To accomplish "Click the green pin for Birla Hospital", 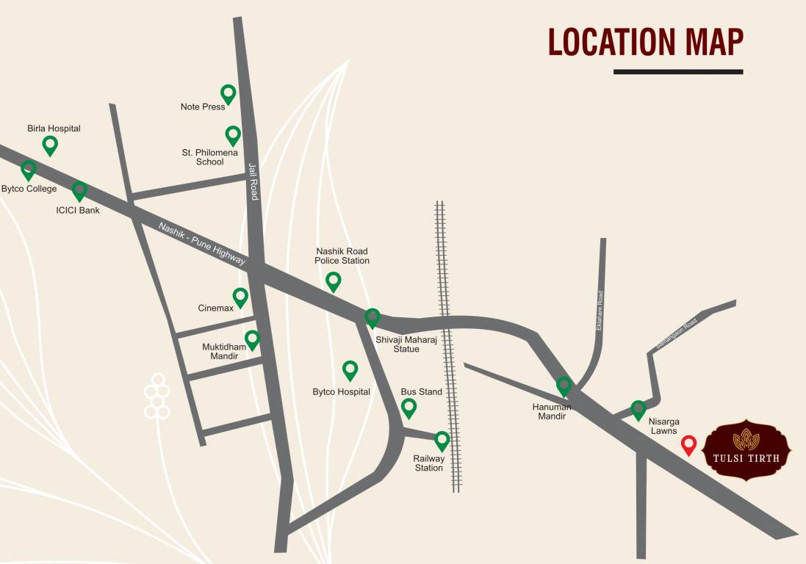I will [50, 145].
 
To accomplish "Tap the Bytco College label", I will [29, 189].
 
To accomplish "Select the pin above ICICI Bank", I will [79, 191].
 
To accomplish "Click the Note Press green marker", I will [229, 93].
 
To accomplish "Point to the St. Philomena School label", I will [210, 157].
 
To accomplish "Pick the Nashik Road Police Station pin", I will [334, 281].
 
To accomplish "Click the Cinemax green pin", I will [240, 297].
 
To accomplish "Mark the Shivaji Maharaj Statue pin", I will [373, 317].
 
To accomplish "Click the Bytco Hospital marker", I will [350, 370].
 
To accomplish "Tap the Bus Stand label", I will [421, 392].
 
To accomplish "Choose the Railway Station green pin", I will [442, 440].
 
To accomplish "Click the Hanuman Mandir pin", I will [564, 386].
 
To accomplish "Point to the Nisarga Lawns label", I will [663, 426].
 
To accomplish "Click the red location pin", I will [688, 444].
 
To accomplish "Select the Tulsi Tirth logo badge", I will [746, 450].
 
